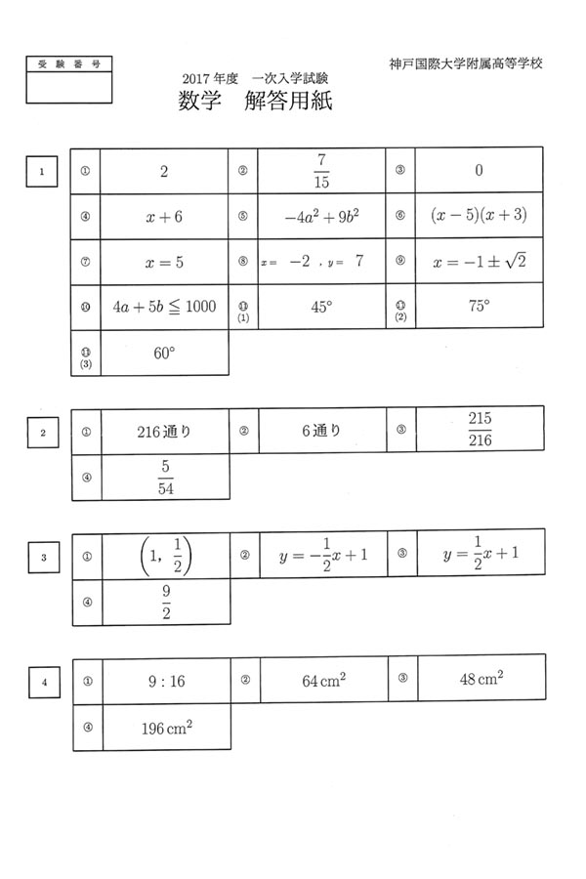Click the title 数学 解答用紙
coord(256,102)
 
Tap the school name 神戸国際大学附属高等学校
coord(465,63)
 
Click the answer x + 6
coord(164,217)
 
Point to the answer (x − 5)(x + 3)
coord(478,217)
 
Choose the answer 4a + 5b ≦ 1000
coord(164,308)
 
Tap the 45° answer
coord(321,307)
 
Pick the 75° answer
coord(479,306)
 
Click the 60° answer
coord(164,353)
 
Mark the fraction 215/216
coord(479,430)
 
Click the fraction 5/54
coord(165,478)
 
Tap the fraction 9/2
coord(165,602)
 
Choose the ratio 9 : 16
coord(164,682)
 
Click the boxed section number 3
coord(44,558)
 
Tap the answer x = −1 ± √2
coord(479,262)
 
